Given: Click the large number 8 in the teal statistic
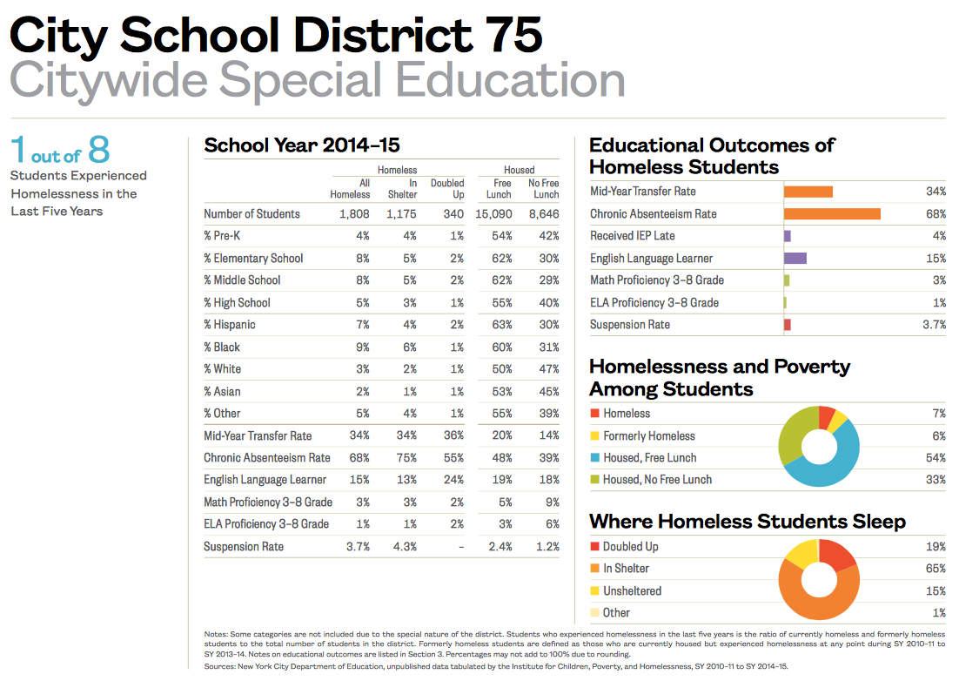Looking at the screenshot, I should coord(98,150).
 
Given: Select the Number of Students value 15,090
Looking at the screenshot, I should coord(493,214).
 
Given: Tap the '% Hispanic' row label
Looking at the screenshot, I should coord(230,325).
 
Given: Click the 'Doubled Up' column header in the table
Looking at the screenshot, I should coord(447,188).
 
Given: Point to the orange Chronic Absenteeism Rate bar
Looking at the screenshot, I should coord(832,214).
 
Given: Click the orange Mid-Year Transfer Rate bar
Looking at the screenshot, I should coord(808,192).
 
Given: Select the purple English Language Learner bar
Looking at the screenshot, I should coord(795,258).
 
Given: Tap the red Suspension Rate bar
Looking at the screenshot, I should coord(787,325).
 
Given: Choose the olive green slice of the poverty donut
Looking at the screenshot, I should coord(790,435).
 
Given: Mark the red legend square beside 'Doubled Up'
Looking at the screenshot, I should coord(594,547).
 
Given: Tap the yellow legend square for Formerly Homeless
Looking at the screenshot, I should coord(594,435).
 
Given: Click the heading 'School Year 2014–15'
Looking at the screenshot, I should coord(302,145).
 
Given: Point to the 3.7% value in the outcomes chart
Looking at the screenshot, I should coord(934,325).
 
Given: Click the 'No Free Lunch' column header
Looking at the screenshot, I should coord(543,188).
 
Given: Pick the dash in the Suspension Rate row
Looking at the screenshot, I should coord(461,547).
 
